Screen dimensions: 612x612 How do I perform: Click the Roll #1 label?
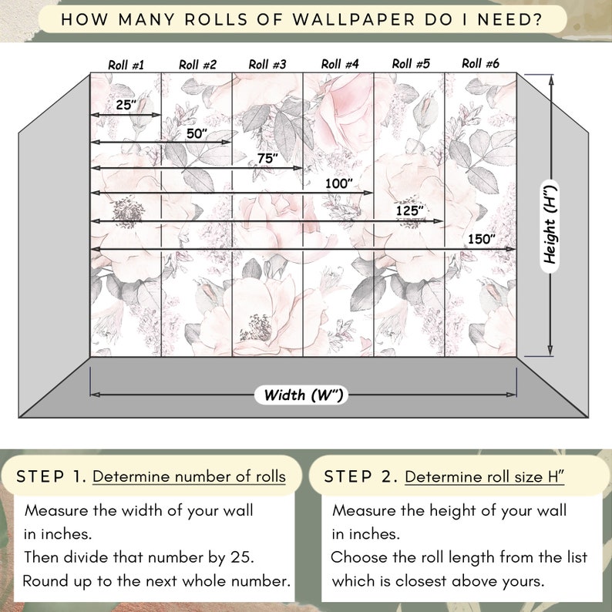point(126,65)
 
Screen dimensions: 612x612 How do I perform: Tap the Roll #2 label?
point(197,65)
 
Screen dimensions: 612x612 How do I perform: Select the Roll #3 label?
point(267,65)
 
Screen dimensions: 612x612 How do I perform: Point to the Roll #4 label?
point(340,65)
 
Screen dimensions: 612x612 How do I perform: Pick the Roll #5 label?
point(411,64)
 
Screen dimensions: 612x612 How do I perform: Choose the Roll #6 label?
point(481,63)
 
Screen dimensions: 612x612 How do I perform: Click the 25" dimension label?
point(125,106)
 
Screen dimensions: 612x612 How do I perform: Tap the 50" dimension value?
point(197,133)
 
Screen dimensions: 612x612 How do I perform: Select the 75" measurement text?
point(267,158)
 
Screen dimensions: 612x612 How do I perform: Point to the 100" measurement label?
point(339,183)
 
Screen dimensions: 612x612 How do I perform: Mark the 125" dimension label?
point(410,210)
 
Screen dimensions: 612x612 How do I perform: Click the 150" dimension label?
point(481,239)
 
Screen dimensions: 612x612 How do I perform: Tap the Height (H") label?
point(550,224)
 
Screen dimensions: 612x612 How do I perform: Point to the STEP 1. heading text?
point(51,476)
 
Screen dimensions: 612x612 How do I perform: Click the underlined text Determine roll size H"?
point(485,476)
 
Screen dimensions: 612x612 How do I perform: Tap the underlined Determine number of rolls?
point(189,476)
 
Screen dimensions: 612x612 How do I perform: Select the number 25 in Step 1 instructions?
point(232,557)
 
